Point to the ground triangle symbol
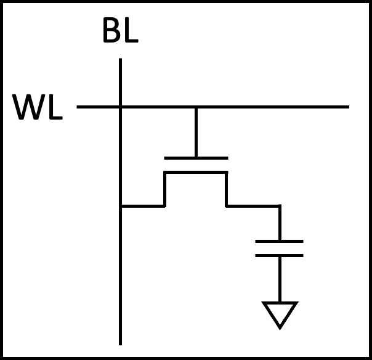[280, 313]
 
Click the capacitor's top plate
[280, 241]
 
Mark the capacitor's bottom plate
[280, 255]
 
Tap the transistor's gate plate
[196, 158]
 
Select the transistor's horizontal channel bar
[195, 173]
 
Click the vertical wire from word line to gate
[196, 133]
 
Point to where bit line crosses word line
[120, 107]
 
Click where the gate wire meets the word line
[196, 107]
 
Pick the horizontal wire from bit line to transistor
[142, 206]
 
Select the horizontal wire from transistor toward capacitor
[253, 206]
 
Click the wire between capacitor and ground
[280, 279]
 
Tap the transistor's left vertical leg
[164, 189]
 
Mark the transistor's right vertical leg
[226, 189]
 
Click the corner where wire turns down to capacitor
[280, 206]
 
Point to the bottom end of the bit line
[120, 343]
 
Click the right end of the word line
[347, 107]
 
